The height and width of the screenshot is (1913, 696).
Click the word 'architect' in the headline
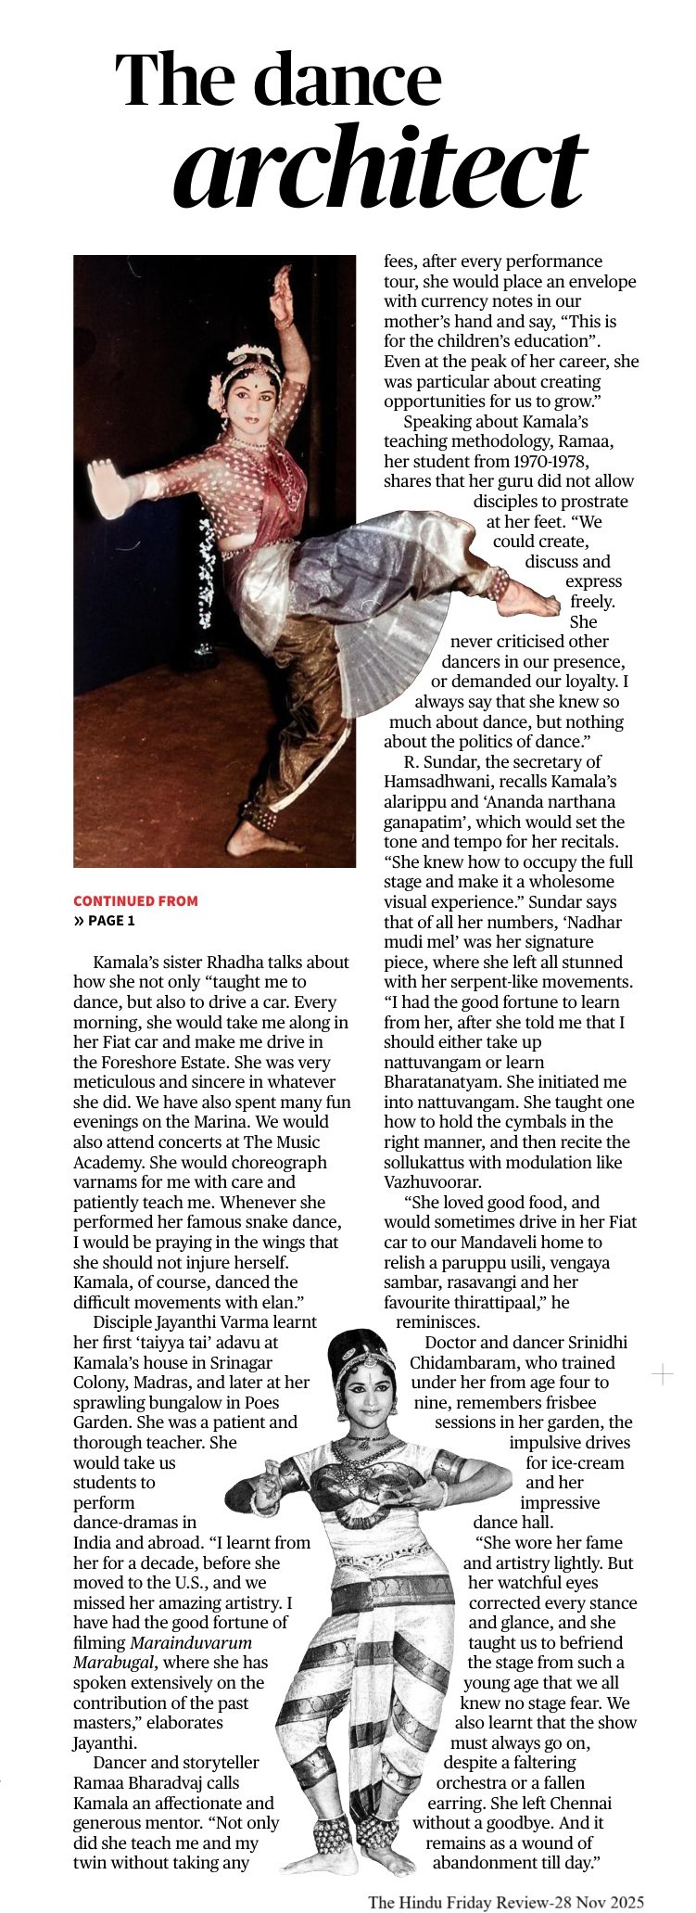[x=379, y=166]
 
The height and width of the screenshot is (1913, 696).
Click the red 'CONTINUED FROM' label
[x=135, y=900]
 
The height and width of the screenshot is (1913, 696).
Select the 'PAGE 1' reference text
[x=111, y=921]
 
